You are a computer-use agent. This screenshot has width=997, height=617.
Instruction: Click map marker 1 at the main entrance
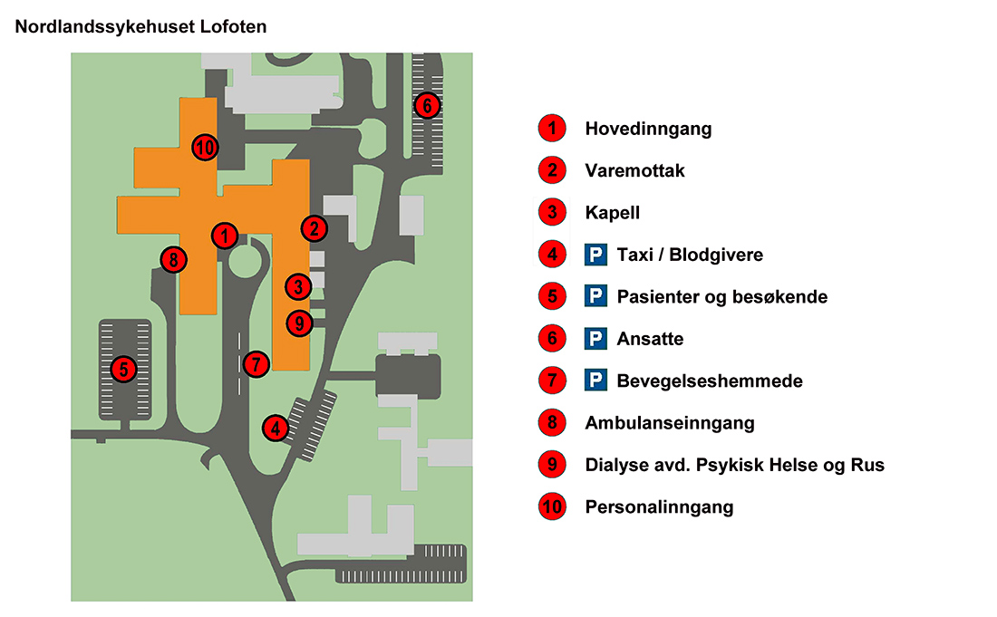224,236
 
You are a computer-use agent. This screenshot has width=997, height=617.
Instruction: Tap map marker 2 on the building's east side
314,228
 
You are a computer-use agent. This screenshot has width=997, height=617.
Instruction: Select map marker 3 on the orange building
297,287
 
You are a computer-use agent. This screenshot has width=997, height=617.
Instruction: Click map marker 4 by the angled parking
276,428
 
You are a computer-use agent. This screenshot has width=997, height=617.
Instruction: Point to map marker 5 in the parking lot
122,369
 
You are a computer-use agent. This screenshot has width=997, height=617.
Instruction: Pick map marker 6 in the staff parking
427,105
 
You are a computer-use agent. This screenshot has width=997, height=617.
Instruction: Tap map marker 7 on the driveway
257,364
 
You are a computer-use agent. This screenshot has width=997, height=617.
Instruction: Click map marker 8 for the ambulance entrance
173,260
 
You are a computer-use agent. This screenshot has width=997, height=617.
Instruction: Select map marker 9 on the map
299,322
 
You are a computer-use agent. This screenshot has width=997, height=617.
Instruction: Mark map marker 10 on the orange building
205,146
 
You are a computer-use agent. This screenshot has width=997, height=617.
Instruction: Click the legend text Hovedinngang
648,129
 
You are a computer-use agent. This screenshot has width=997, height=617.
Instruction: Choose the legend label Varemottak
634,170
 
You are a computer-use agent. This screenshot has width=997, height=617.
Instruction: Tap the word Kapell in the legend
613,213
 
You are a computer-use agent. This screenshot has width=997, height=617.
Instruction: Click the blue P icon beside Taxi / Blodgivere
595,255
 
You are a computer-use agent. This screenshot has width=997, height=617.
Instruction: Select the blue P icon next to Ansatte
595,339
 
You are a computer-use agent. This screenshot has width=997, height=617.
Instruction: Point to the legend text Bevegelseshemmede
709,381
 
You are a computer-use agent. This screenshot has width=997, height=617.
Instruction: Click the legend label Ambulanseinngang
669,423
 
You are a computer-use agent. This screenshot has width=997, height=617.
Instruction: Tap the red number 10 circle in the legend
551,506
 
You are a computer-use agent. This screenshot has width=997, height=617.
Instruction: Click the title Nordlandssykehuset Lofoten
141,27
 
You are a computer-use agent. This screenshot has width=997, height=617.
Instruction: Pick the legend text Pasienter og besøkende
721,296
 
